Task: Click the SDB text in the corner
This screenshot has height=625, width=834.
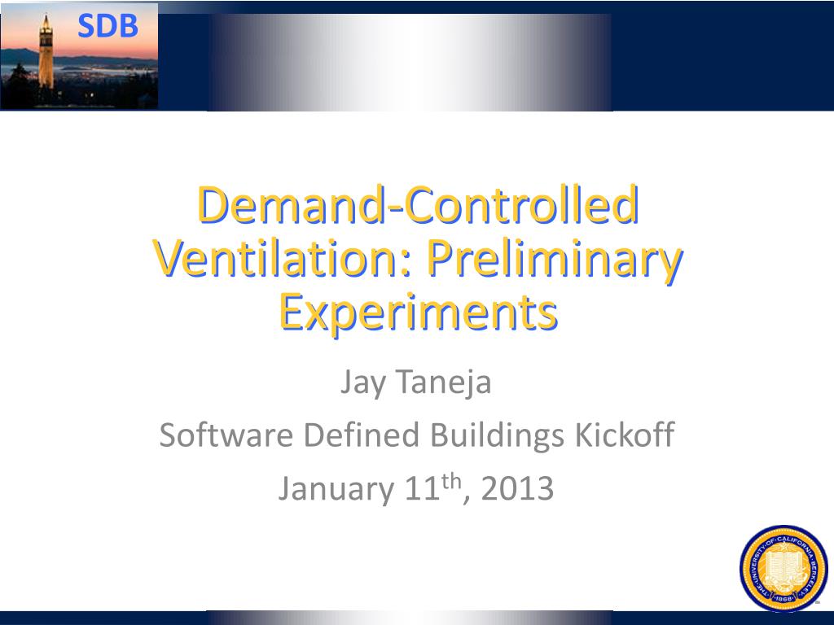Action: [x=108, y=27]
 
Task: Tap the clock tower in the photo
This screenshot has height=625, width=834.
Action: [x=46, y=57]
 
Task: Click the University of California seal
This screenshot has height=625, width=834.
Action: [x=783, y=568]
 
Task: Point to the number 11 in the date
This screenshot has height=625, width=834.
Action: [x=421, y=489]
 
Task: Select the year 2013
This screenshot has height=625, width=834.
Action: [x=517, y=489]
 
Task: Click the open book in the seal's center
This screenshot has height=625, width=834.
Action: [x=783, y=567]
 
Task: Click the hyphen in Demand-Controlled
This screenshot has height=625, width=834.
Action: [x=396, y=208]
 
